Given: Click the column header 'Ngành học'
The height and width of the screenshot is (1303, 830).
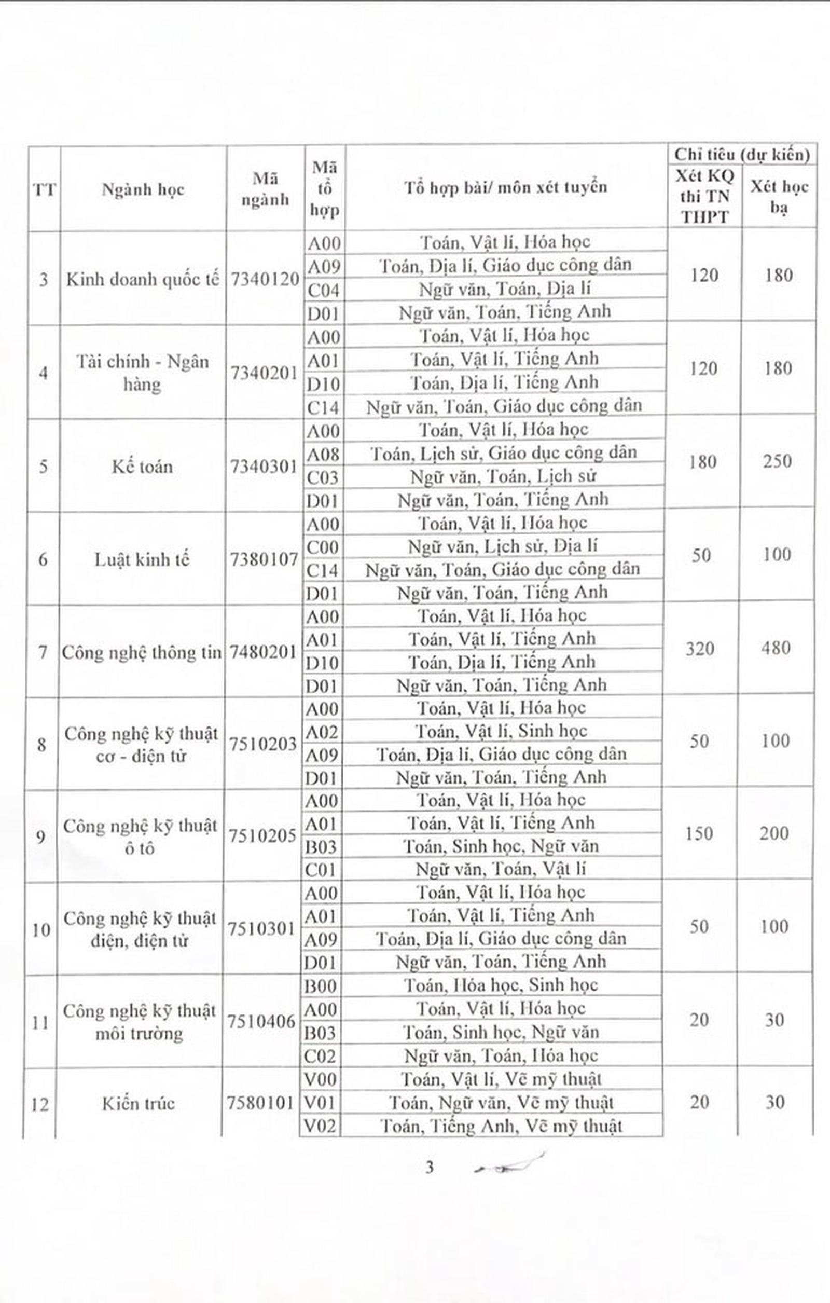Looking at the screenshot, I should point(143,189).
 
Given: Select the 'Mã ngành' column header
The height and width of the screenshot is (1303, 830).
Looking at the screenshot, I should point(265,189).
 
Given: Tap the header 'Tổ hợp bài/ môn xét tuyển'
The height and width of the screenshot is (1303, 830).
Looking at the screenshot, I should point(505,187).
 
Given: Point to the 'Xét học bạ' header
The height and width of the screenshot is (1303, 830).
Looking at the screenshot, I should point(779,197).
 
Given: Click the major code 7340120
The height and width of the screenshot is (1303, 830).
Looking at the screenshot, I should point(265,279).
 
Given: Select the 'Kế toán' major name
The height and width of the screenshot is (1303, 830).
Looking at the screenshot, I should point(142,466).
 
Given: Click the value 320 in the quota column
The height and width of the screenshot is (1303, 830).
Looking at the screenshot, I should point(700,648).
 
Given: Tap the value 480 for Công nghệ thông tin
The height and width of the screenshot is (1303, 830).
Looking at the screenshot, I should point(776,648).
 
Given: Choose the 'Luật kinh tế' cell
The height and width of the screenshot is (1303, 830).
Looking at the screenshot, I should point(142,559).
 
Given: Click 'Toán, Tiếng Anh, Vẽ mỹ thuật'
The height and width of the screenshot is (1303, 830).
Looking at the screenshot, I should point(501,1126).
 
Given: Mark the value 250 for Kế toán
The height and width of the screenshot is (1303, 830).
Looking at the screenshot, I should point(778,461).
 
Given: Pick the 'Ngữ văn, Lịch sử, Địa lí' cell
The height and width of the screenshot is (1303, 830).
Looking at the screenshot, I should point(503,546).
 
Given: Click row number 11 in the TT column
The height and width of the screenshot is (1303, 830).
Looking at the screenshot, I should point(41,1022).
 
